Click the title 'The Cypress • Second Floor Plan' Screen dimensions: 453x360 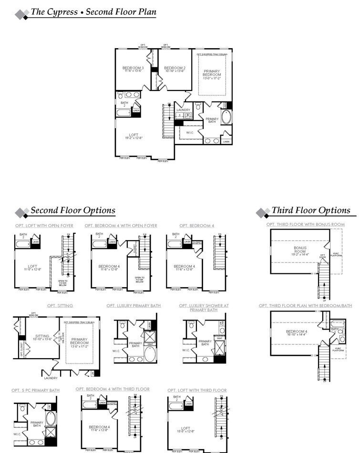pos(93,12)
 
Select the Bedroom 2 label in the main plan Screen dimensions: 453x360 pos(174,70)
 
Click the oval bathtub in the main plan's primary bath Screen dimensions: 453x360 pos(226,118)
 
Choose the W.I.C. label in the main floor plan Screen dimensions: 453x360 pos(190,133)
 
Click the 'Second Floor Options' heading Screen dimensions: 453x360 pos(73,211)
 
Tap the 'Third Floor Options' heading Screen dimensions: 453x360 pos(310,211)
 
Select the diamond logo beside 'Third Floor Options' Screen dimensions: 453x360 pos(263,212)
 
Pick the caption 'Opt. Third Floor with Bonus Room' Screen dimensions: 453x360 pos(305,224)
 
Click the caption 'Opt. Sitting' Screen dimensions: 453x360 pos(60,306)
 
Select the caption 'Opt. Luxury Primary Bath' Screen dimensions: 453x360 pos(134,306)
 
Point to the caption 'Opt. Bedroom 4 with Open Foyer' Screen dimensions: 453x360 pos(121,226)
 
